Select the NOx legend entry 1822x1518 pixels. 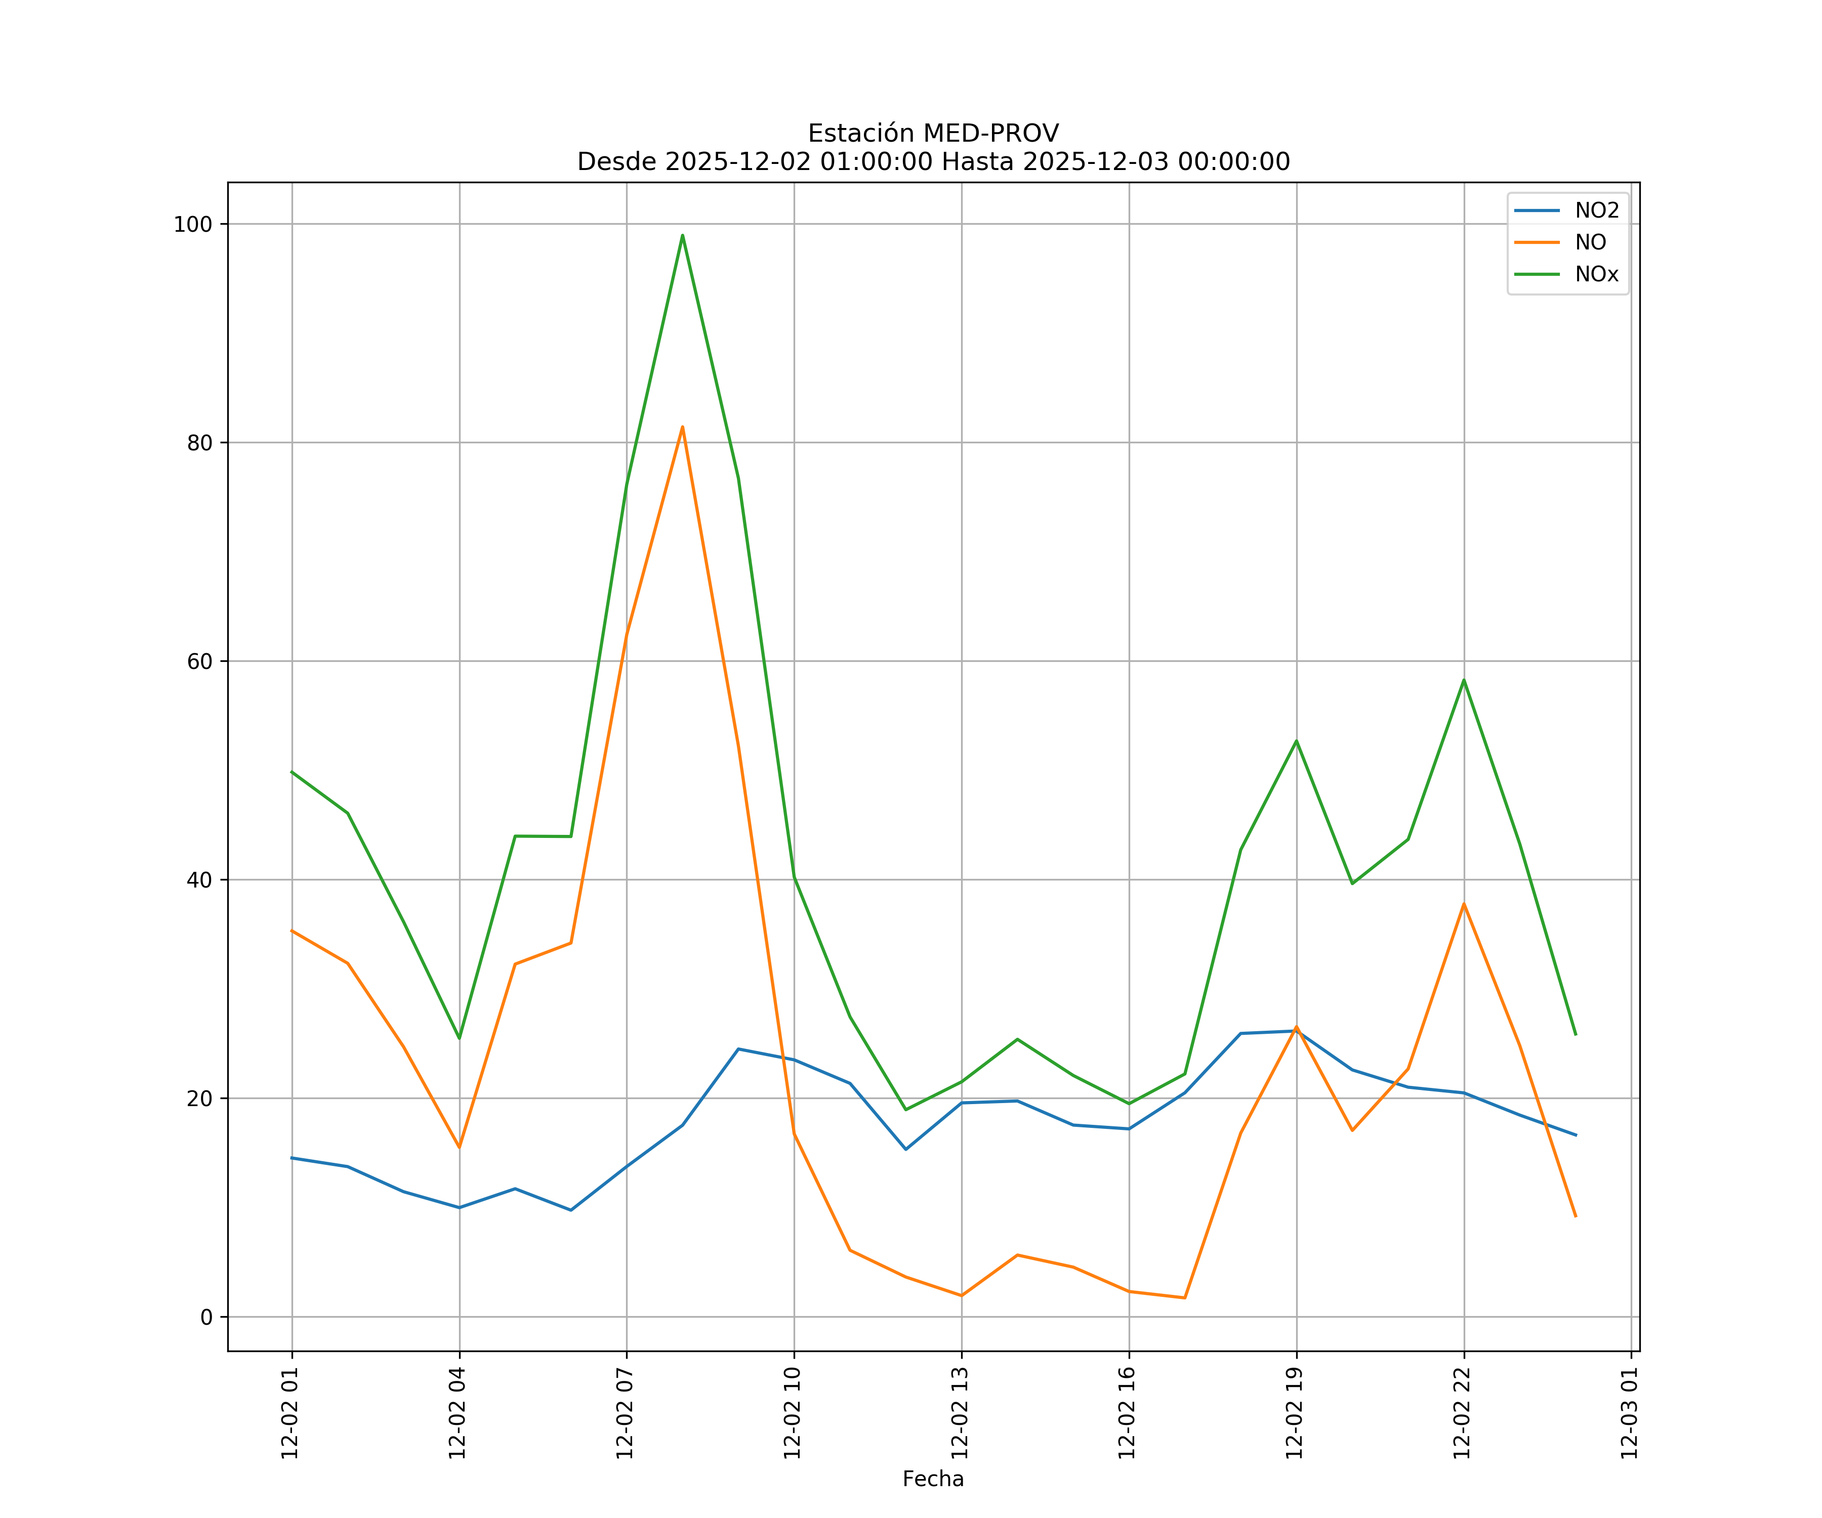1596,275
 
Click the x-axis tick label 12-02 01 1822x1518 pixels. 291,1413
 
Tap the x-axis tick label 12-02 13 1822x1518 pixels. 961,1413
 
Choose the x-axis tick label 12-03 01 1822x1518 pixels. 1630,1413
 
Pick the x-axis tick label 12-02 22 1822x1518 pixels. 1463,1413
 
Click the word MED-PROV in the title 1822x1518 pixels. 991,134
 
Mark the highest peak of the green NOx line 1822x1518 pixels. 682,235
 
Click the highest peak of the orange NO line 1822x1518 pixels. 682,427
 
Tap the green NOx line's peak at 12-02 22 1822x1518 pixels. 1464,680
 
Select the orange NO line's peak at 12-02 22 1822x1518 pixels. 1464,904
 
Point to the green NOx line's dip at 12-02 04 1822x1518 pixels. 459,1038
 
